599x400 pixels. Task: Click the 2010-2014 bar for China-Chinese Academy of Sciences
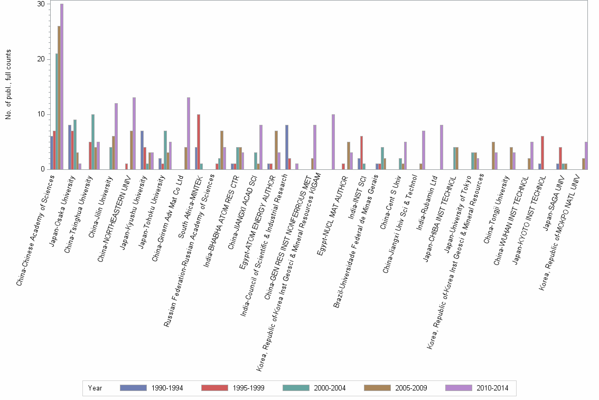click(x=62, y=87)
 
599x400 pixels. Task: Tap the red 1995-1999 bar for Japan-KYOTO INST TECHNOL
click(x=542, y=153)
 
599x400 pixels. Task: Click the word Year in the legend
click(x=95, y=388)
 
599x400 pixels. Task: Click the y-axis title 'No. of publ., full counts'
click(x=8, y=85)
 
